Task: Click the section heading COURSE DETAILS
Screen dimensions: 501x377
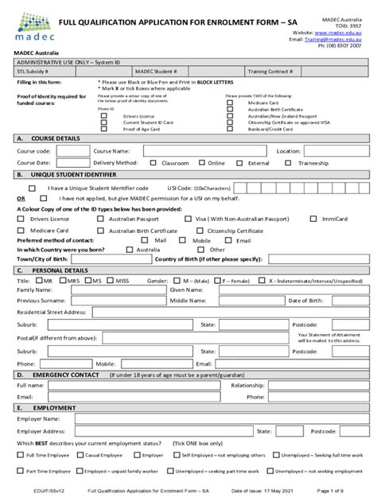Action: click(x=56, y=138)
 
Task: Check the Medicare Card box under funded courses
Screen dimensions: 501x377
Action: click(x=230, y=103)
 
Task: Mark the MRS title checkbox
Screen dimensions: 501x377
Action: click(x=63, y=281)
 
